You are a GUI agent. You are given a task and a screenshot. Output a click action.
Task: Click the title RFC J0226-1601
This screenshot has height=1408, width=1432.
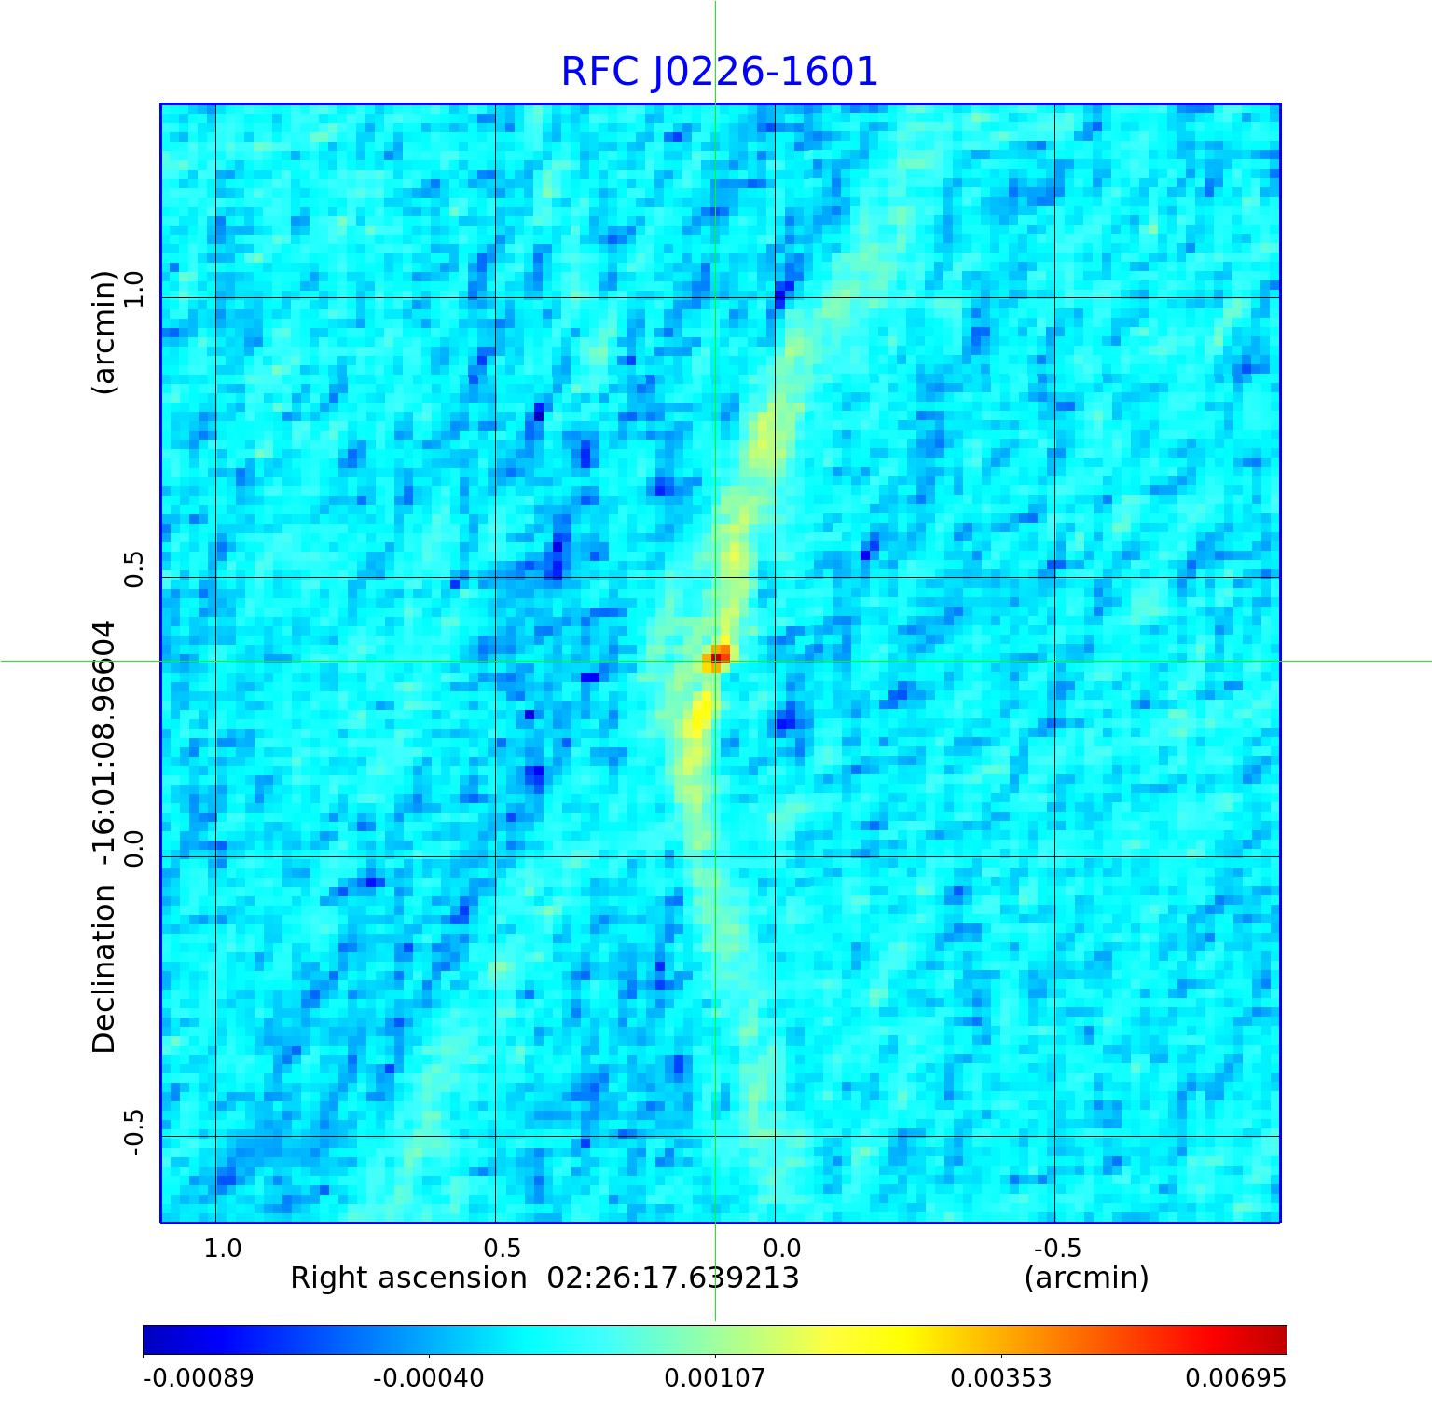(x=719, y=72)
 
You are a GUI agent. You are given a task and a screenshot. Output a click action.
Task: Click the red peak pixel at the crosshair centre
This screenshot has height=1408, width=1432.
(x=716, y=658)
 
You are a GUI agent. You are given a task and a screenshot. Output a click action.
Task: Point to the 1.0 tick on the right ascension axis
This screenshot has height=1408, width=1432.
(x=222, y=1248)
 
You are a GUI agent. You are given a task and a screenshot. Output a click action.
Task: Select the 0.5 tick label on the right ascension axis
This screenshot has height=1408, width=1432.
(x=502, y=1248)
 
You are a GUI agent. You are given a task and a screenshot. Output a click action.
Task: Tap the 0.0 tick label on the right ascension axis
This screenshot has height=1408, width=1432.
(x=781, y=1248)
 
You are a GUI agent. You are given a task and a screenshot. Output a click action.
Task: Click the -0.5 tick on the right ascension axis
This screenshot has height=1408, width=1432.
(x=1057, y=1248)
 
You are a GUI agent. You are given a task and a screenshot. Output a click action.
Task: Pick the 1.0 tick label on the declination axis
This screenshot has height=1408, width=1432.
(x=134, y=289)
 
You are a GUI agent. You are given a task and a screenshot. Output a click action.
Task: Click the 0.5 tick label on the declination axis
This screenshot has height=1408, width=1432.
(x=134, y=568)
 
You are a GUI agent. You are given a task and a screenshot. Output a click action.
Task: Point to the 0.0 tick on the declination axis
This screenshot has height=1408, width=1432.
(x=134, y=848)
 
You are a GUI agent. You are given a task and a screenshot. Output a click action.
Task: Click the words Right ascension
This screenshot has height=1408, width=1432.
(x=408, y=1278)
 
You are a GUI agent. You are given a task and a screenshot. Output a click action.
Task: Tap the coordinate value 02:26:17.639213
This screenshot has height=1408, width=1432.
(x=673, y=1278)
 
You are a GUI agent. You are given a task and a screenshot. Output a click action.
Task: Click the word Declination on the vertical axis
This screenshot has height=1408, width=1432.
(x=103, y=969)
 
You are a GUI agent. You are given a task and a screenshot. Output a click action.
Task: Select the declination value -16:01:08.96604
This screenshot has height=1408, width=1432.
(x=103, y=744)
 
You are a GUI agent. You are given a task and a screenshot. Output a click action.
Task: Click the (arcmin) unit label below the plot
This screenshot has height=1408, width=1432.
(x=1086, y=1278)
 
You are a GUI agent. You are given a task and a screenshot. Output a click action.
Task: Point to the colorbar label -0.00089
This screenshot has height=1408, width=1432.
(x=198, y=1377)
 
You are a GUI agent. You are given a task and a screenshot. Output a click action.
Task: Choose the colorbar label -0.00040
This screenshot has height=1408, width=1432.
(x=428, y=1377)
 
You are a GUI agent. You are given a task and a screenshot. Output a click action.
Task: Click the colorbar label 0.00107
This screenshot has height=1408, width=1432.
(x=714, y=1377)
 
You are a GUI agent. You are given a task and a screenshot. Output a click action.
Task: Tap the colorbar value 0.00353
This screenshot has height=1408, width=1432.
(x=1000, y=1377)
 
